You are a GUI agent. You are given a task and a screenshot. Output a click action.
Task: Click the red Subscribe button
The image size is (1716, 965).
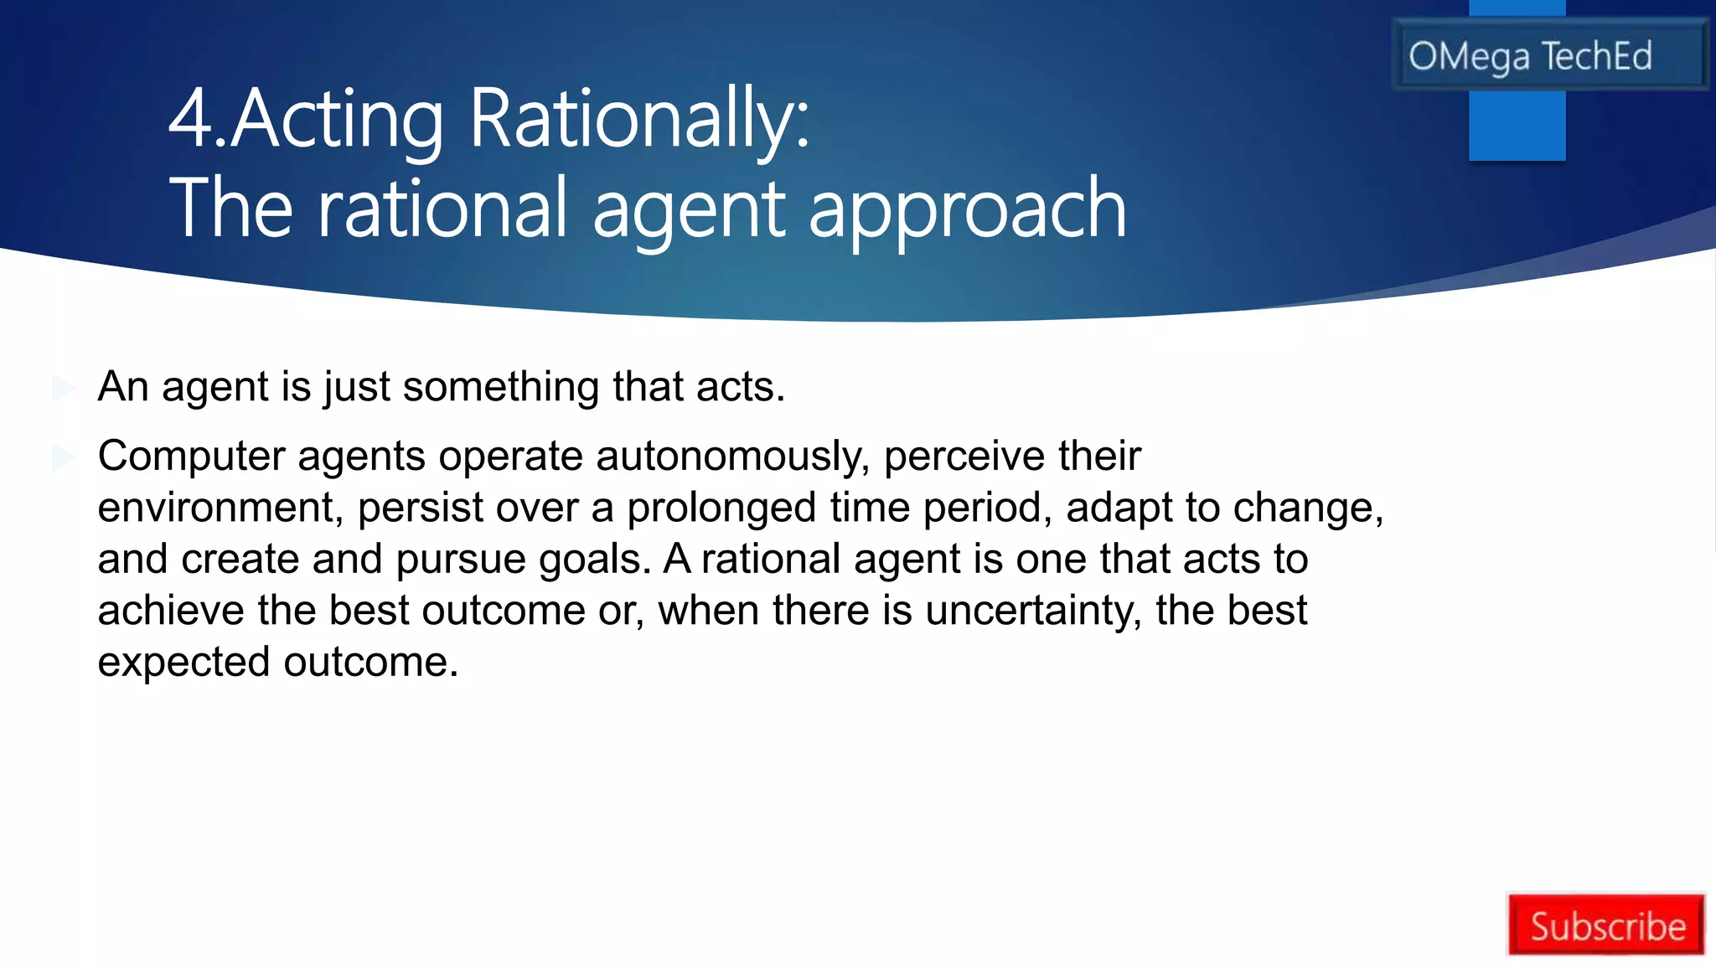(x=1605, y=925)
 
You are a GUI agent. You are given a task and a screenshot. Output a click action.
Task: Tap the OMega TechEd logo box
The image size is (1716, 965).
(x=1548, y=55)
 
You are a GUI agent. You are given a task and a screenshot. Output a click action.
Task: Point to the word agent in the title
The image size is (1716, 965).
(x=689, y=209)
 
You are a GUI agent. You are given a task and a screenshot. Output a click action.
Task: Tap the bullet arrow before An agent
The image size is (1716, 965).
(x=64, y=388)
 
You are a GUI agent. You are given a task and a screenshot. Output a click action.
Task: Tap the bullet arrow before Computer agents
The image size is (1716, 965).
(x=64, y=457)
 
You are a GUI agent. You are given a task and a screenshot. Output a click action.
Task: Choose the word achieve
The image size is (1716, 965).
(x=171, y=611)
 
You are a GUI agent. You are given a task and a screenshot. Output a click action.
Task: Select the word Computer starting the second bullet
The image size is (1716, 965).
(x=191, y=457)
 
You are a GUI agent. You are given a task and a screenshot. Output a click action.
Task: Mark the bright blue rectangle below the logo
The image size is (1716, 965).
(x=1517, y=126)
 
